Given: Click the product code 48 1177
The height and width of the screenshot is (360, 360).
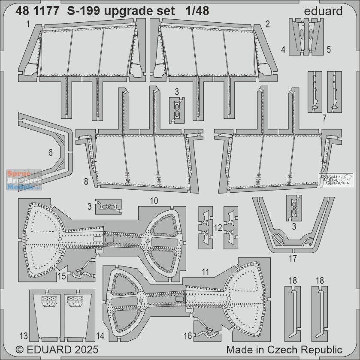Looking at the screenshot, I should click(37, 11).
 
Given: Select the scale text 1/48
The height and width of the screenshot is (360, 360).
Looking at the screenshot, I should click(198, 11).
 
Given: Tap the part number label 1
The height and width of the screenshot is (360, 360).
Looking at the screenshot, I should click(27, 25).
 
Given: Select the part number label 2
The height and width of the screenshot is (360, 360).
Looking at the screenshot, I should click(267, 25).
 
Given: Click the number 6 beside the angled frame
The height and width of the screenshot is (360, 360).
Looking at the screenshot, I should click(51, 153).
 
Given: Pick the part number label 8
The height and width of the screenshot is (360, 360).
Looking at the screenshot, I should click(86, 182).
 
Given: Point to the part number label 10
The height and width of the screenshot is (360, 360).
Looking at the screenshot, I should click(154, 200).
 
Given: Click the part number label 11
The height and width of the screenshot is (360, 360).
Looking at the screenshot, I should click(205, 271).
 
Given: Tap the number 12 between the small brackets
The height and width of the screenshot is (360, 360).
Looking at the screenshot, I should click(218, 227).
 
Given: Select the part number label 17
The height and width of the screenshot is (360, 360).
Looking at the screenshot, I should click(293, 259).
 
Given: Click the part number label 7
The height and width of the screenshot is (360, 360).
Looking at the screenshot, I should click(324, 117).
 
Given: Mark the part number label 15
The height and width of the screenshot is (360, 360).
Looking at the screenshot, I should click(62, 277).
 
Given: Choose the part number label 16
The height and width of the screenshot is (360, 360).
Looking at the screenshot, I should click(188, 336).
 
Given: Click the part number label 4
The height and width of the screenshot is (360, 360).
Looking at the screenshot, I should click(283, 50).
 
